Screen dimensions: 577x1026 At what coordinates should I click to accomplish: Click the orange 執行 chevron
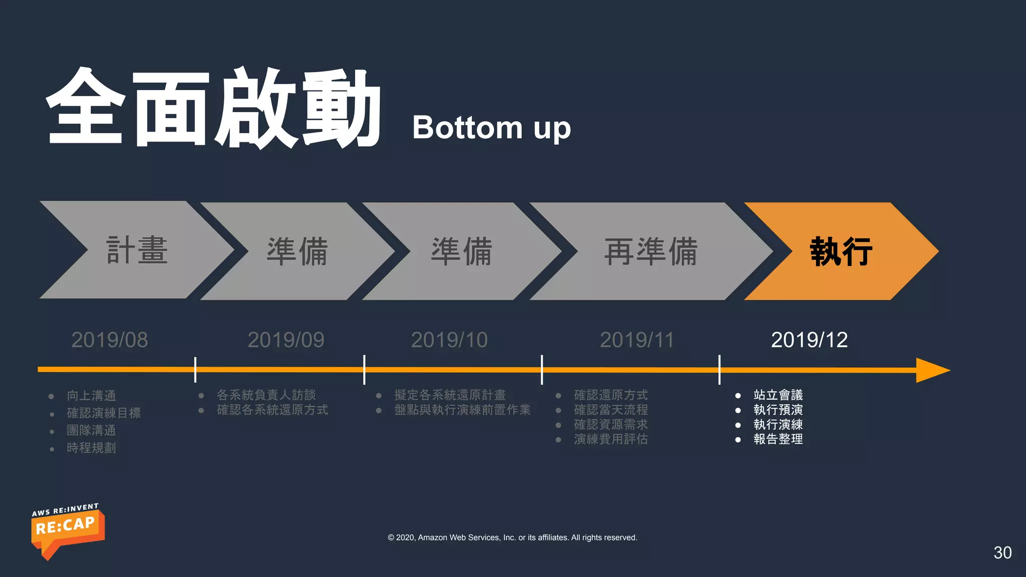click(x=841, y=251)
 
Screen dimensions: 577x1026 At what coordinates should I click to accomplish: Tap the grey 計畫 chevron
click(x=137, y=250)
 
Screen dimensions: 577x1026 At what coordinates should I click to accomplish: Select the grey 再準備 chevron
click(x=651, y=251)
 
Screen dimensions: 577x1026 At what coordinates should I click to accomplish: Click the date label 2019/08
click(x=110, y=340)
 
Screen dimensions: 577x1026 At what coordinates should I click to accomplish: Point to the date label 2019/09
click(x=286, y=340)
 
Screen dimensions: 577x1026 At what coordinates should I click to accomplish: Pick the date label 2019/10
click(x=449, y=340)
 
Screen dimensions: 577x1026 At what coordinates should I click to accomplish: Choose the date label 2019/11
click(x=637, y=340)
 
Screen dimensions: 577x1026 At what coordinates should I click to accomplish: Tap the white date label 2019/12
click(x=809, y=340)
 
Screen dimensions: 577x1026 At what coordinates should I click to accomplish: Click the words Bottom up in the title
click(x=491, y=128)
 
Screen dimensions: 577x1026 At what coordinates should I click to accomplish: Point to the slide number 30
click(x=1002, y=552)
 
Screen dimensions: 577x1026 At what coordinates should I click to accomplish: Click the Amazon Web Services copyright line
click(x=512, y=537)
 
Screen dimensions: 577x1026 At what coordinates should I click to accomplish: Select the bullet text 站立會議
click(x=778, y=395)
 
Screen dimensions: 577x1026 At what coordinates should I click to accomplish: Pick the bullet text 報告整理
click(x=778, y=439)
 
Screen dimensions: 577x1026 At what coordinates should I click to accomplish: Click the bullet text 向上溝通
click(x=92, y=396)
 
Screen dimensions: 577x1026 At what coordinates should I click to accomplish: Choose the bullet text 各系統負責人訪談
click(x=266, y=395)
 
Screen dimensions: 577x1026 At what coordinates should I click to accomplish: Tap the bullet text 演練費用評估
click(x=611, y=439)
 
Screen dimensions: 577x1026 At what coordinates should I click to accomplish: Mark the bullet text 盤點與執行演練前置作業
click(x=462, y=410)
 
